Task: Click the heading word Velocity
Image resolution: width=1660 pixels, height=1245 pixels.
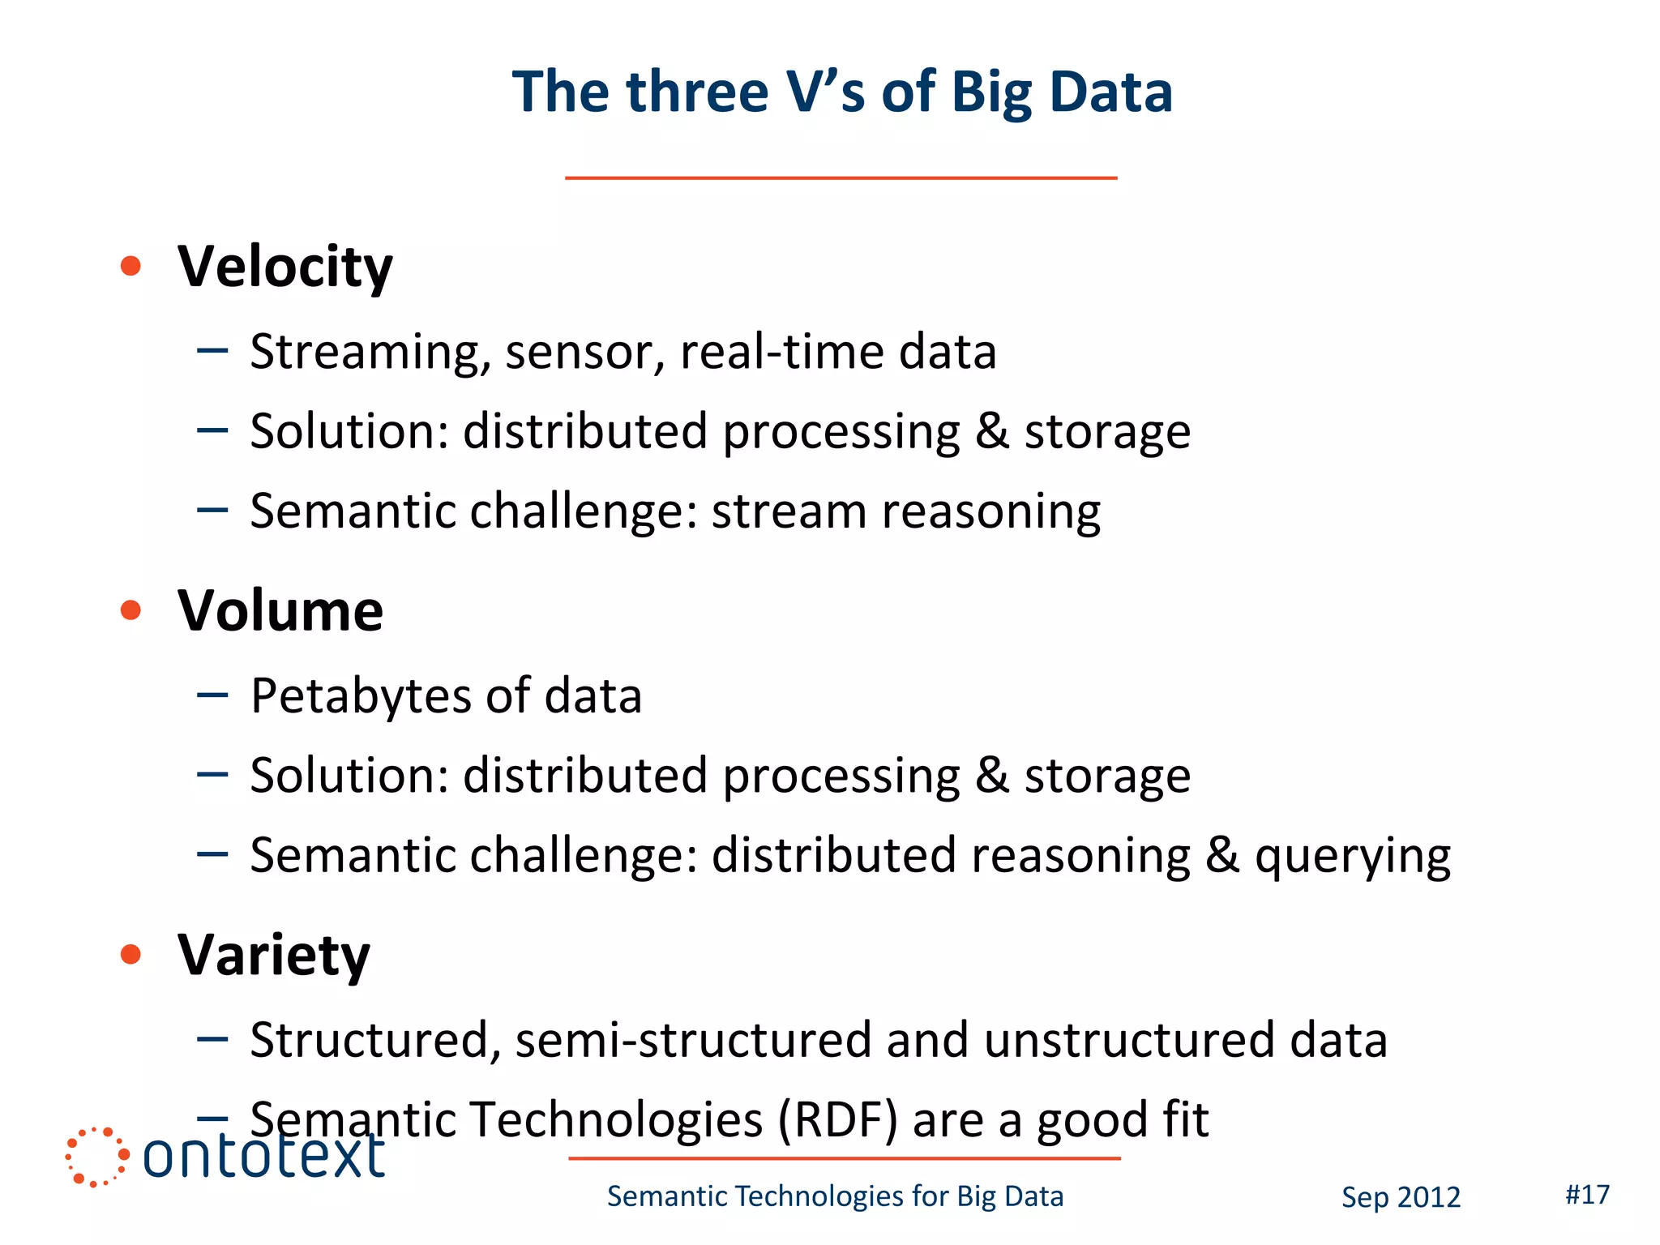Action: pyautogui.click(x=285, y=267)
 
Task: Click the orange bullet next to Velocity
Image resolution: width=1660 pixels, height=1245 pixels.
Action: pyautogui.click(x=130, y=266)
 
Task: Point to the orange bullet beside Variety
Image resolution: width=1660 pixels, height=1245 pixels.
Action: pyautogui.click(x=130, y=954)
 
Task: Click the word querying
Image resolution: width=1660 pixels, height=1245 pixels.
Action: pyautogui.click(x=1352, y=857)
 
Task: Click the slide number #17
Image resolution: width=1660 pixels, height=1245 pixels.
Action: pyautogui.click(x=1587, y=1194)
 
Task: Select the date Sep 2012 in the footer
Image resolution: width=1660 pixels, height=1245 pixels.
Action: pyautogui.click(x=1401, y=1197)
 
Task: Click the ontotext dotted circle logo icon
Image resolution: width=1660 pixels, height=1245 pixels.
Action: pyautogui.click(x=96, y=1157)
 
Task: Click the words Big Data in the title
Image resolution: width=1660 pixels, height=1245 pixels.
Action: pyautogui.click(x=1061, y=92)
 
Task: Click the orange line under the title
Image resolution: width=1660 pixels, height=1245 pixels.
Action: pyautogui.click(x=841, y=178)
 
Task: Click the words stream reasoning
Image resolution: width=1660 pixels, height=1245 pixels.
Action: pyautogui.click(x=905, y=511)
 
